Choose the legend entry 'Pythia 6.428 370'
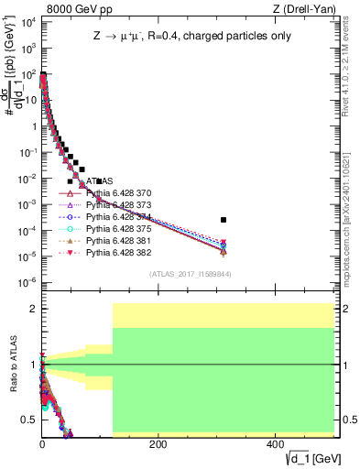pos(121,194)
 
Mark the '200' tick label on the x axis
pos(158,444)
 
